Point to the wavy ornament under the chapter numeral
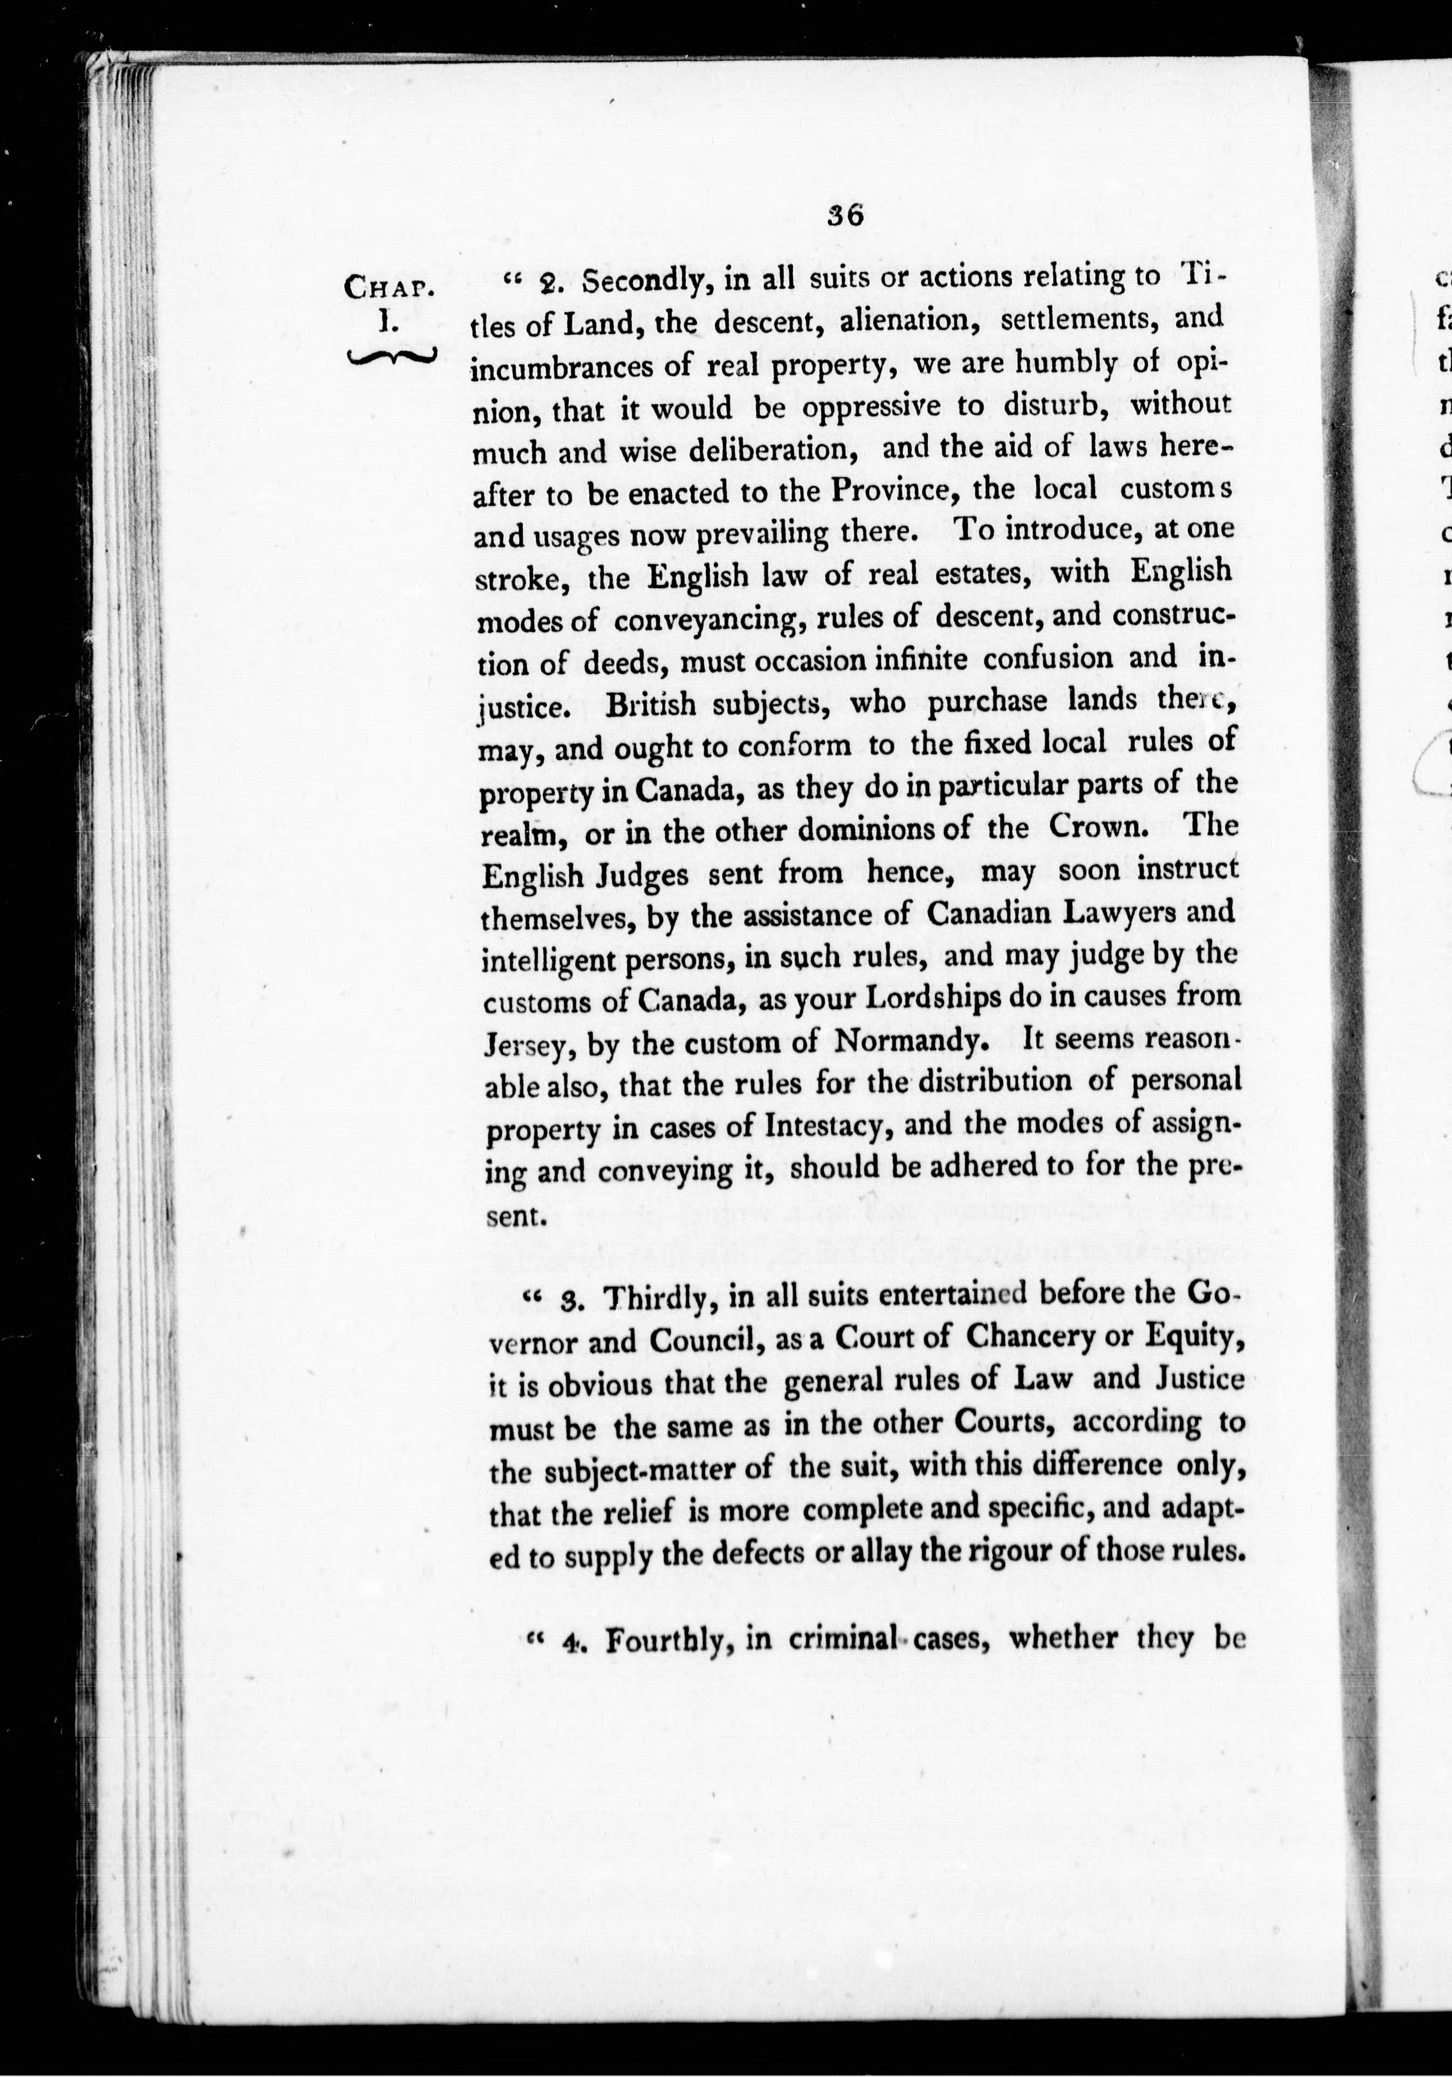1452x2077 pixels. [391, 357]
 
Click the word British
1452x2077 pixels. [651, 705]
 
